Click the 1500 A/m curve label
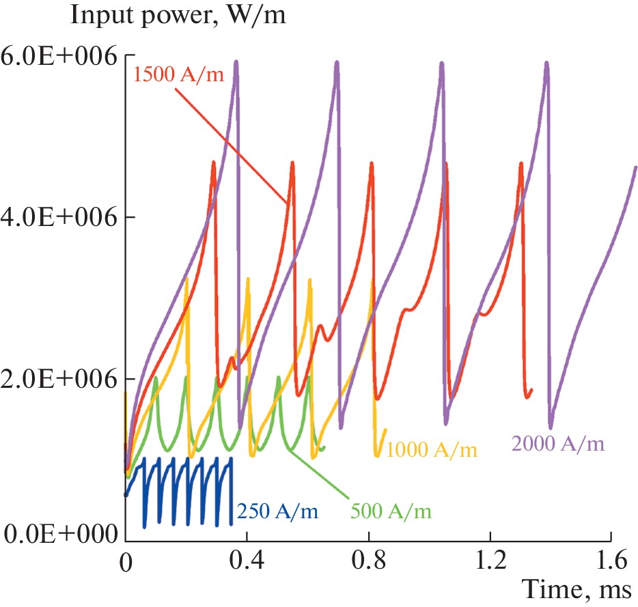click(179, 74)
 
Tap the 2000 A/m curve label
click(557, 444)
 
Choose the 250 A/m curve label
click(278, 509)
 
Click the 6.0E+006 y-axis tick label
click(58, 56)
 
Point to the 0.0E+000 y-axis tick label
click(58, 532)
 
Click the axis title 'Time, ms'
click(579, 589)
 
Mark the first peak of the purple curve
click(236, 61)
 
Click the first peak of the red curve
click(214, 163)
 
